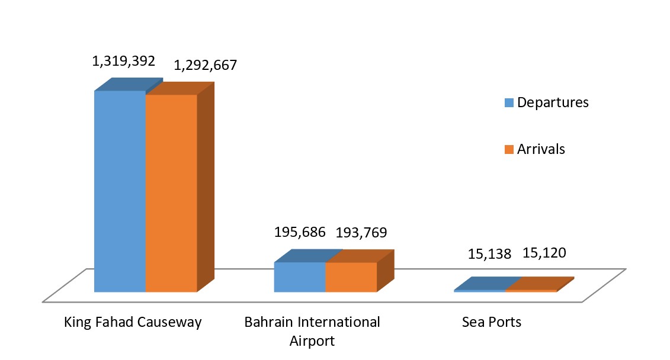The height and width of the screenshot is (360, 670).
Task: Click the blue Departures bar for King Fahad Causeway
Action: tap(120, 191)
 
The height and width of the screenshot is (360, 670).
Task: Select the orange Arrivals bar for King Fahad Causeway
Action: tap(171, 192)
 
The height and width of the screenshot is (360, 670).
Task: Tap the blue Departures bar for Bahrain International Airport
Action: tap(299, 277)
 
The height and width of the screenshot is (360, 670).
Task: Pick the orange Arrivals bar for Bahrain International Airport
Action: tap(351, 277)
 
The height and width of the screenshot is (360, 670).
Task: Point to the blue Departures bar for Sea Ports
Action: tap(480, 290)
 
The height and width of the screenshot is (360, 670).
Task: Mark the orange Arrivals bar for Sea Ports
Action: tap(531, 290)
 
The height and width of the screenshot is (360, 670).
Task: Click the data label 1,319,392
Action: tap(123, 61)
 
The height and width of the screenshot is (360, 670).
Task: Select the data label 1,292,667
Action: tap(205, 65)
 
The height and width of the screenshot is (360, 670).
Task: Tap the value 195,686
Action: tap(300, 232)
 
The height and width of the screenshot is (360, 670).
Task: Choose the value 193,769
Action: tap(361, 232)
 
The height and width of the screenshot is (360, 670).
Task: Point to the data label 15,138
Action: tap(490, 253)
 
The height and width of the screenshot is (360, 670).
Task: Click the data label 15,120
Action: tap(544, 253)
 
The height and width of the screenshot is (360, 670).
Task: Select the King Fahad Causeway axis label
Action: tap(133, 323)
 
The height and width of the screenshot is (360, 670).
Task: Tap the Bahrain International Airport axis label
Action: tap(312, 323)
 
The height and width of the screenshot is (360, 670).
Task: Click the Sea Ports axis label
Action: tap(492, 323)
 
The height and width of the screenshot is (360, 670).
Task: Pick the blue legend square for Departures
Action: tap(508, 102)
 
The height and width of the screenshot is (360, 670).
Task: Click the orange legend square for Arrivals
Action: tap(508, 149)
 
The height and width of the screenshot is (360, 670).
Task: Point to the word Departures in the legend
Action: tap(553, 102)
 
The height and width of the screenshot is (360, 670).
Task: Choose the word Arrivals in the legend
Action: tap(541, 149)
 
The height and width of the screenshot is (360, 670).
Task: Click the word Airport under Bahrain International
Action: tap(312, 342)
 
